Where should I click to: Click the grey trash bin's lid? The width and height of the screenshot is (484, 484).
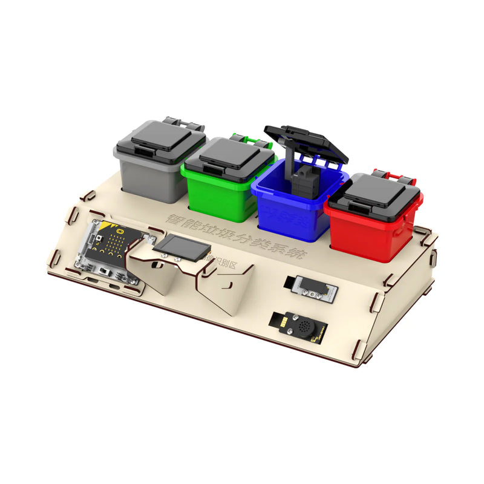(x=160, y=140)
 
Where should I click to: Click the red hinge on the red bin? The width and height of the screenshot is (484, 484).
(x=397, y=176)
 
